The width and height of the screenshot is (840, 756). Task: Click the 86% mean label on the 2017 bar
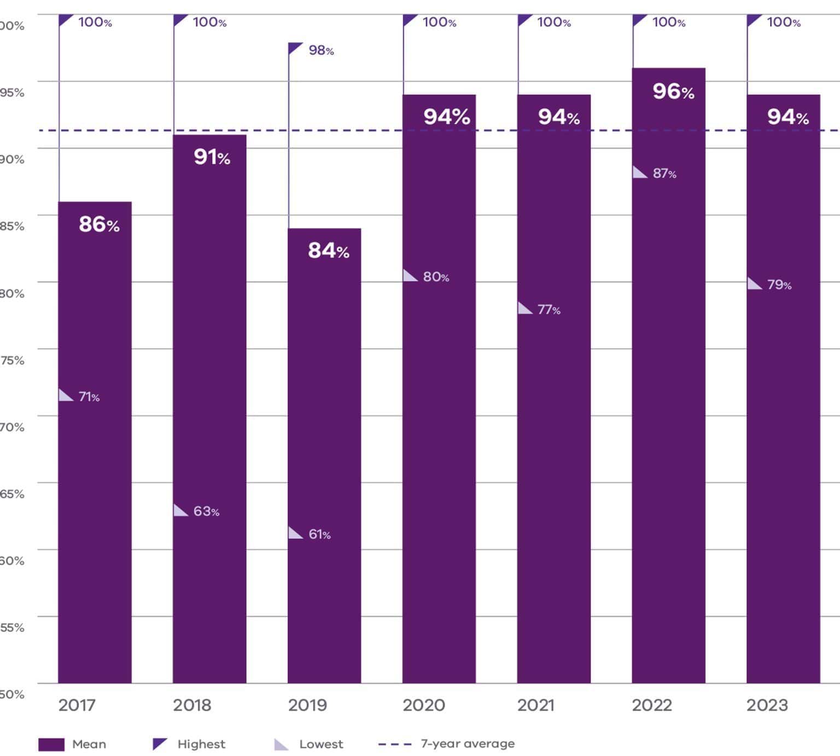99,224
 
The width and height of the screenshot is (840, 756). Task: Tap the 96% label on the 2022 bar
673,91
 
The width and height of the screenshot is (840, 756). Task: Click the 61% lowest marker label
319,534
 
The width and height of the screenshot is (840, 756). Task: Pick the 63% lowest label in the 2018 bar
206,511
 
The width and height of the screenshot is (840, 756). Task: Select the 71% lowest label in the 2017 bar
89,397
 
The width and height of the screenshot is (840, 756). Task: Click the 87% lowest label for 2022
664,173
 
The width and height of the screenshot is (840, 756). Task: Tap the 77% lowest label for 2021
549,310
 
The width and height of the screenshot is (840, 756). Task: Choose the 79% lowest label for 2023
779,284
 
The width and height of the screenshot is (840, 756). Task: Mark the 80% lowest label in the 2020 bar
436,277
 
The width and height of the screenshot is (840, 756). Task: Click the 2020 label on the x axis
424,705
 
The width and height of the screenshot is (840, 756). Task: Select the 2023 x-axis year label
767,705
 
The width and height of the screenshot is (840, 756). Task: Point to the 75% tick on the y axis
12,360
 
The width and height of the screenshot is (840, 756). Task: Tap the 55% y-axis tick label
12,627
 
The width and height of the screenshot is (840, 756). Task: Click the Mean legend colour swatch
51,745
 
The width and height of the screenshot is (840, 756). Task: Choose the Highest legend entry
201,744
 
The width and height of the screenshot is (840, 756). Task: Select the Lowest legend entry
320,744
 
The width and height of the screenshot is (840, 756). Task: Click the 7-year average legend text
468,743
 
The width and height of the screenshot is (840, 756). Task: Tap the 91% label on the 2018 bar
212,158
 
